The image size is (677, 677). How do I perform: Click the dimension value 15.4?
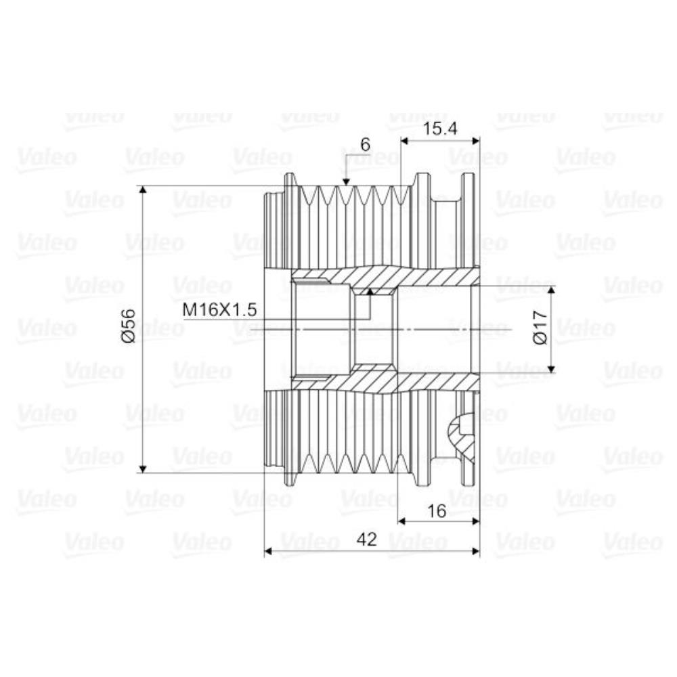[x=439, y=129]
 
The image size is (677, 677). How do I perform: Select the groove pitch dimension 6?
[x=366, y=145]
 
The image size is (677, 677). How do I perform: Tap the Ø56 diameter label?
[x=129, y=326]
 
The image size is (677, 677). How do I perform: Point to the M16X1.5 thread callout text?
[x=220, y=309]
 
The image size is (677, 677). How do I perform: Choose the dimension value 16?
[x=436, y=511]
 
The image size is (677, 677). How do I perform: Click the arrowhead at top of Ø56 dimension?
[x=144, y=190]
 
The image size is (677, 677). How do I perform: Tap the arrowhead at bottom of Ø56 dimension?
[x=144, y=468]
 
